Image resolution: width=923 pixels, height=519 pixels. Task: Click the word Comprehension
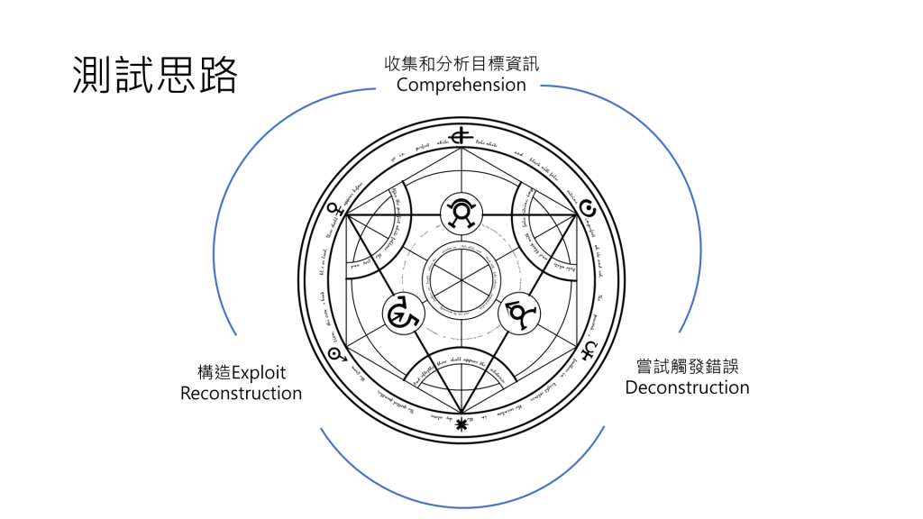click(x=461, y=85)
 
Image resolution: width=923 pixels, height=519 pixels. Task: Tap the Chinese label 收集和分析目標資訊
click(x=461, y=64)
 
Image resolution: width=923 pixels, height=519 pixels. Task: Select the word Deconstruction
click(x=687, y=387)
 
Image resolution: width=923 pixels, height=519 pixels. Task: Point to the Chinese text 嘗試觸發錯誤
click(x=687, y=367)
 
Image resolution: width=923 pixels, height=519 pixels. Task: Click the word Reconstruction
click(x=241, y=393)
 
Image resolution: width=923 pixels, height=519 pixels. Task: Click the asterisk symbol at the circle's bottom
click(x=462, y=423)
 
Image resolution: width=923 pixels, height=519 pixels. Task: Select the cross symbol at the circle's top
click(x=462, y=136)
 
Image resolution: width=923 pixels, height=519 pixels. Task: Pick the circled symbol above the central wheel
click(x=462, y=213)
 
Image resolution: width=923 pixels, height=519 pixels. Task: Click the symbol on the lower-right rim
click(x=590, y=347)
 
